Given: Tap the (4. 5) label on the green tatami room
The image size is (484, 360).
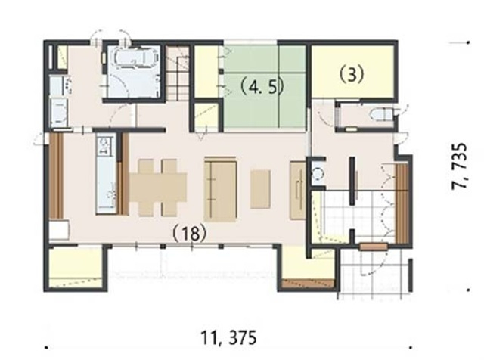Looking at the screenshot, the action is pos(262,88).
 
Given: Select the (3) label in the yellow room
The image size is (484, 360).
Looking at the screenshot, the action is pos(352,74).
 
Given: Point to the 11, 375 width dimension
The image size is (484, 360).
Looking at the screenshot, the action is pos(228,337).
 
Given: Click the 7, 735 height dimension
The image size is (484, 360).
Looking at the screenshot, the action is pos(459,166).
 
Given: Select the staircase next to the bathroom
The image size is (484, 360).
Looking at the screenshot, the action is pos(178,73).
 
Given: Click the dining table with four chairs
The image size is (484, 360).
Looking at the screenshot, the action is pos(157,188).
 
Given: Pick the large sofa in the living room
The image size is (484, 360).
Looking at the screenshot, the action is pos(220,189).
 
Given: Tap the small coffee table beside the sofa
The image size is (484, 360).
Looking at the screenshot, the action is pos(260,189).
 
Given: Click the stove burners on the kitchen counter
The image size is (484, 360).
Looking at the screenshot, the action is pos(104,147).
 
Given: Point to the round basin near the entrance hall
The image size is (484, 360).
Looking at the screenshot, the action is pos(317,174).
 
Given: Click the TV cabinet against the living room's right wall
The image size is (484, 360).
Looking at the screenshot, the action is pos(298,190).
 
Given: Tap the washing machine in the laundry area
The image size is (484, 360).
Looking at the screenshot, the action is pos(59,112).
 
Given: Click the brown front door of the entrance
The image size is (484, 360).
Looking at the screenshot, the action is pos(374,247).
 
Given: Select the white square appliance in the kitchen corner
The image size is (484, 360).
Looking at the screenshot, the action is pos(59,230).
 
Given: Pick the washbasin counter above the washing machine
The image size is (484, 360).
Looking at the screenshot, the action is pos(58,85).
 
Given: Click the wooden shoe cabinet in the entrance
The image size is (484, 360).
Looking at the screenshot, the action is pos(402,203).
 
